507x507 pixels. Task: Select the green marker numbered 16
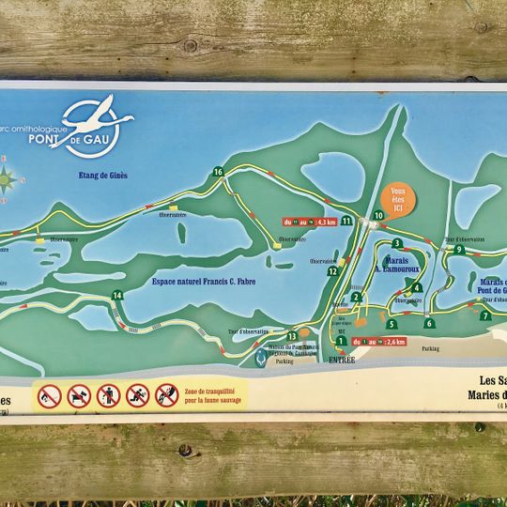click(x=218, y=172)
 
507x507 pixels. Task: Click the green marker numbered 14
click(x=117, y=296)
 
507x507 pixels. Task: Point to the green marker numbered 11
click(x=346, y=221)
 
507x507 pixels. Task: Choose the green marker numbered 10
click(x=378, y=216)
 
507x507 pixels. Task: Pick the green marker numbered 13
click(x=293, y=336)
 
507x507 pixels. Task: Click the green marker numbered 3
click(x=398, y=243)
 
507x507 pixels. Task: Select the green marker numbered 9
click(x=459, y=250)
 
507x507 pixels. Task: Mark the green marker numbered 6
click(x=429, y=323)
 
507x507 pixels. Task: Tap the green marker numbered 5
click(x=392, y=324)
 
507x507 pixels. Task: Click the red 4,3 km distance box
click(x=310, y=223)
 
